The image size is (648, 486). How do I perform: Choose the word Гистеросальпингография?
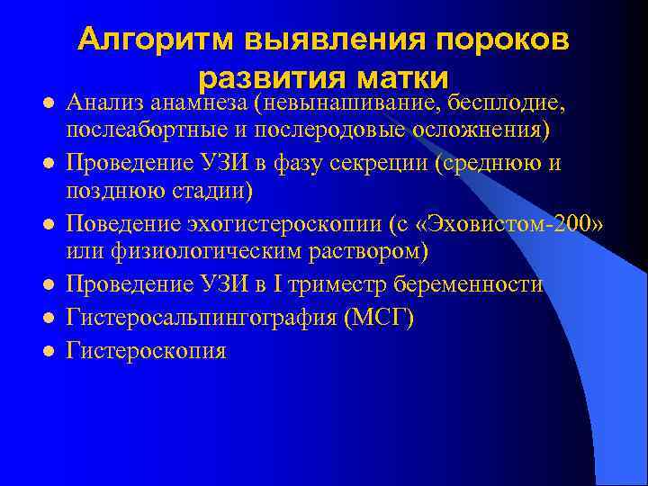(202, 318)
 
